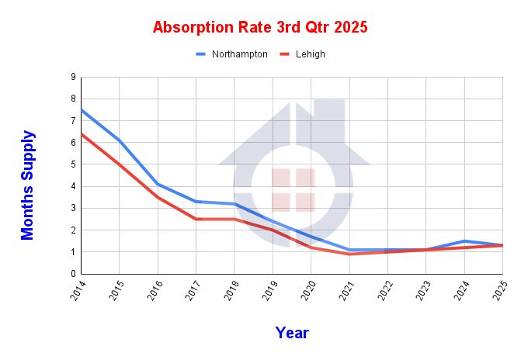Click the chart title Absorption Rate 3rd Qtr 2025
[260, 27]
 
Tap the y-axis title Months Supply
[28, 185]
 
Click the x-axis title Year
[292, 333]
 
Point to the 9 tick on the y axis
[73, 78]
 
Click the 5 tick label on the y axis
[73, 164]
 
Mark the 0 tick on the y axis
[73, 274]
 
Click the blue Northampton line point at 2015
[119, 140]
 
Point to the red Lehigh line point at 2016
[158, 197]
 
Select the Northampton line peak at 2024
[464, 241]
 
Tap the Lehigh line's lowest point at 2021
[349, 254]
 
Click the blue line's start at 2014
[82, 110]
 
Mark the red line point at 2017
[196, 219]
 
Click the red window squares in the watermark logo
[293, 190]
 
